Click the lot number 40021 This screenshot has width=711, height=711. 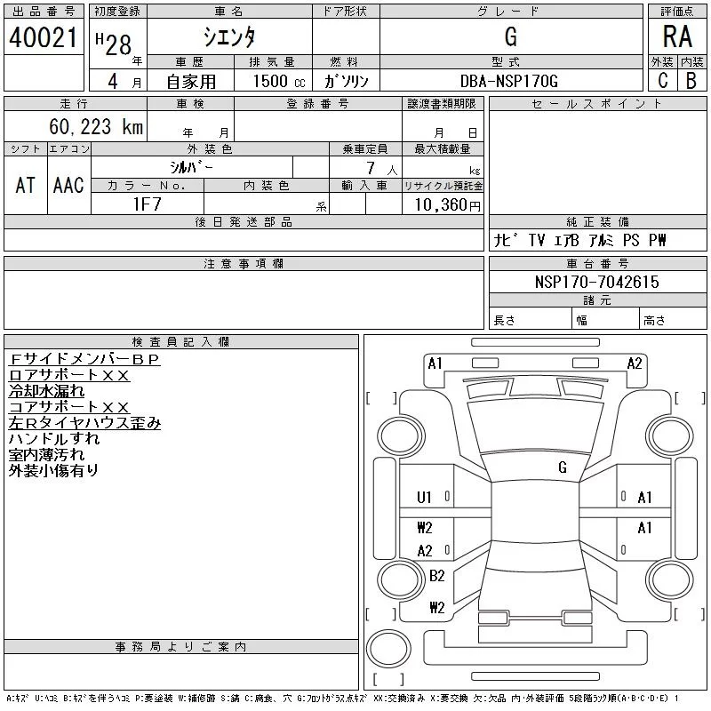pyautogui.click(x=44, y=36)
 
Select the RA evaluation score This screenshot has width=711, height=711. pyautogui.click(x=677, y=36)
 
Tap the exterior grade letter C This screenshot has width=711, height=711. pyautogui.click(x=662, y=80)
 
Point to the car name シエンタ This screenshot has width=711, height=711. pyautogui.click(x=229, y=37)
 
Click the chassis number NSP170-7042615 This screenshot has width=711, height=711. pyautogui.click(x=596, y=282)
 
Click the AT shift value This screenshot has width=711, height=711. pyautogui.click(x=26, y=185)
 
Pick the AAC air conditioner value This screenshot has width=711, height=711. pyautogui.click(x=68, y=185)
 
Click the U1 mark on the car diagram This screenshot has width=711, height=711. pyautogui.click(x=424, y=498)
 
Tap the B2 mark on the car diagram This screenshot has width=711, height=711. pyautogui.click(x=436, y=576)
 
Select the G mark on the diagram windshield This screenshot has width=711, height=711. pyautogui.click(x=562, y=467)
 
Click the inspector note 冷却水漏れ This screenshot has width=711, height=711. pyautogui.click(x=46, y=391)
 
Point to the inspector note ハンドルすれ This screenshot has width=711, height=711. pyautogui.click(x=54, y=438)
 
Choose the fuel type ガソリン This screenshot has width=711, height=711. pyautogui.click(x=347, y=81)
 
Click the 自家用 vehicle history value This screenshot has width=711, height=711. pyautogui.click(x=192, y=81)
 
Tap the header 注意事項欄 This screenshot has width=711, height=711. pyautogui.click(x=244, y=264)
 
